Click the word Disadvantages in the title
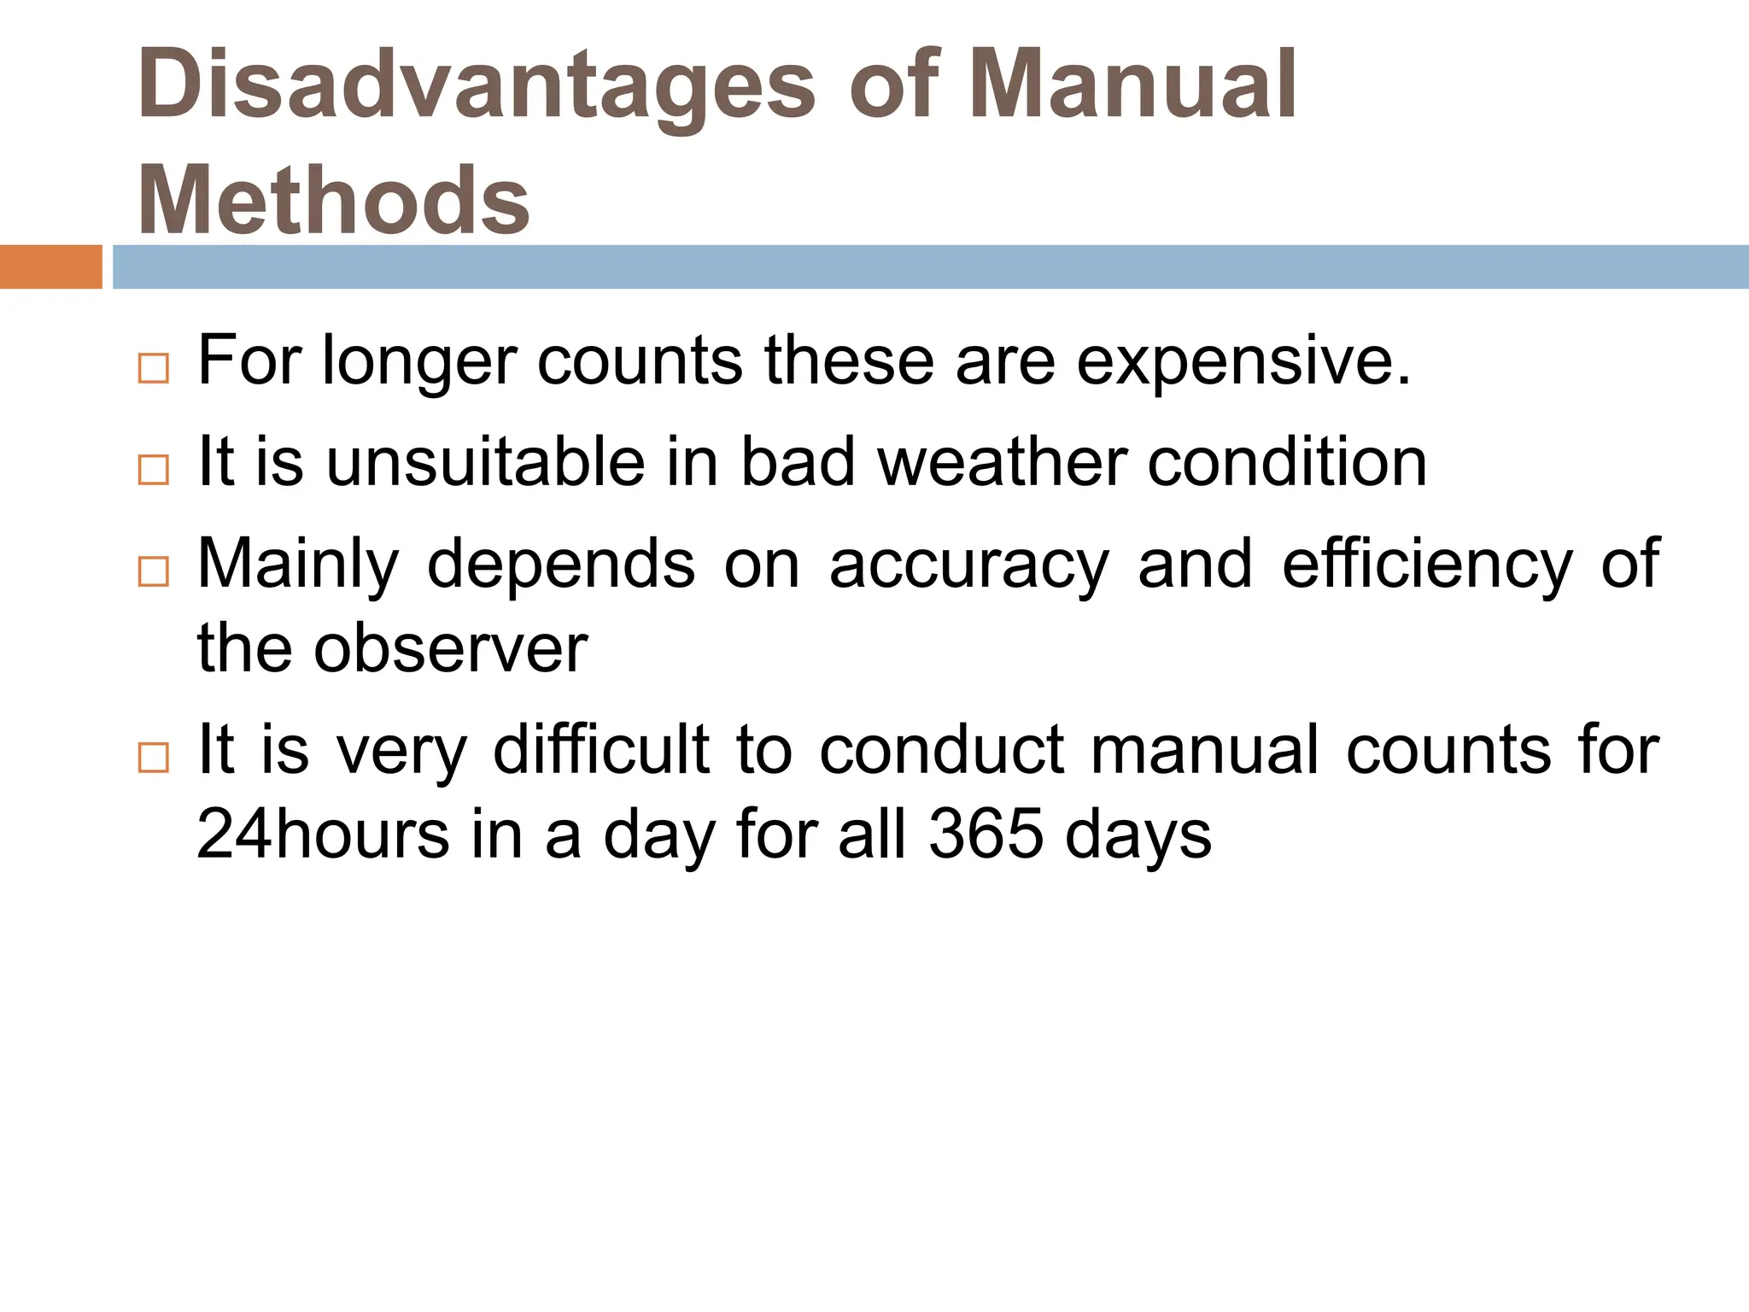pos(477,85)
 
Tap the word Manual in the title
pos(1132,84)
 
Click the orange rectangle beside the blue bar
pos(50,266)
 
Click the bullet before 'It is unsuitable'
pos(153,470)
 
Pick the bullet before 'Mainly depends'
pos(153,571)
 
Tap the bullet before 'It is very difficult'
pos(153,758)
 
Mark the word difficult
pos(601,750)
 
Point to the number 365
pos(986,834)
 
